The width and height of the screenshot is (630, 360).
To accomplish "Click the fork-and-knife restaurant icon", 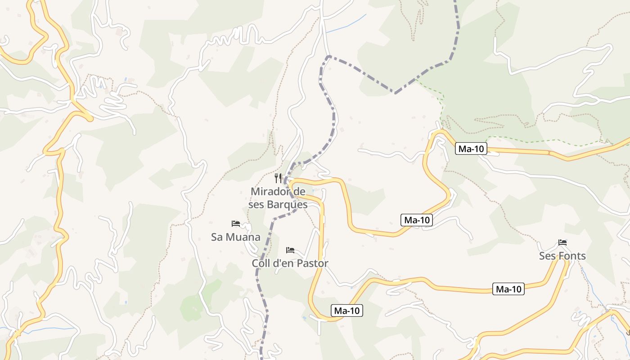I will (278, 178).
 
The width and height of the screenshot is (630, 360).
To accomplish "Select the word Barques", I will (287, 205).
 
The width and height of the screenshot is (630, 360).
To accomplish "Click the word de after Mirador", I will (299, 192).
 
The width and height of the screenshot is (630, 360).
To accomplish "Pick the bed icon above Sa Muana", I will (235, 223).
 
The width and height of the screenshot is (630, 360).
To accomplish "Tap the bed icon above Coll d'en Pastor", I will (290, 250).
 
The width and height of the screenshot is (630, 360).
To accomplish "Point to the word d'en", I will (285, 264).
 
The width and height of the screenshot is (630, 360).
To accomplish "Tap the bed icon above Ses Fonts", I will (562, 243).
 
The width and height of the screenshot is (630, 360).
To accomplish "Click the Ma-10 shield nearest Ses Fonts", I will (508, 289).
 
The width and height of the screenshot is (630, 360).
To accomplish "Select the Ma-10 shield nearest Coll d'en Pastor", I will (347, 310).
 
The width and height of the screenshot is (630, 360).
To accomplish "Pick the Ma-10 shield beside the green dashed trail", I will (471, 149).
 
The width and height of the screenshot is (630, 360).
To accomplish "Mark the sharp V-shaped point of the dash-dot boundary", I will (395, 93).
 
